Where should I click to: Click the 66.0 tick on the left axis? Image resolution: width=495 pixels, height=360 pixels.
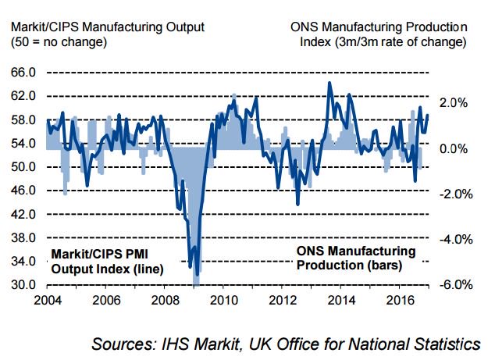pos(23,73)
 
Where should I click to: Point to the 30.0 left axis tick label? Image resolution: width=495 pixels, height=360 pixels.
pos(23,284)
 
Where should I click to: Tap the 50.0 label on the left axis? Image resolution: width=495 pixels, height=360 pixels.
pos(23,166)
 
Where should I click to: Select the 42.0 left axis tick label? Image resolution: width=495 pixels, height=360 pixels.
pos(23,214)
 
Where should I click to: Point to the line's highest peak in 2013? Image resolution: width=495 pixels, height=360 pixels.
pos(329,83)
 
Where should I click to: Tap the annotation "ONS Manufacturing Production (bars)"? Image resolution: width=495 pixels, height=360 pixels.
pos(356,258)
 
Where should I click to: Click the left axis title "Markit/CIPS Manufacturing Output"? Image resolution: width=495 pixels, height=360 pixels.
pos(108,27)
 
